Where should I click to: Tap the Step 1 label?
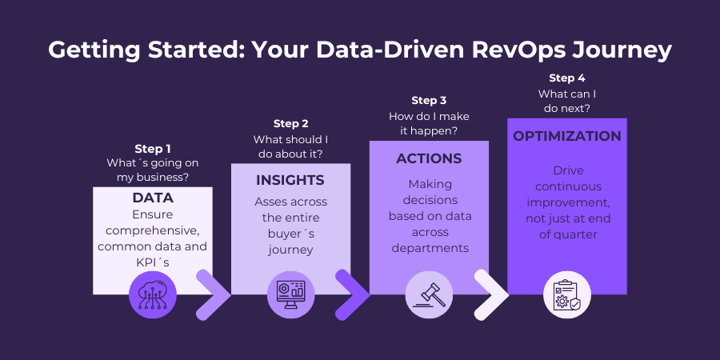coord(152,148)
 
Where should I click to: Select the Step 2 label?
coord(290,123)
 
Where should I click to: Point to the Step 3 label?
coord(429,100)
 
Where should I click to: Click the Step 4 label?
coord(566,78)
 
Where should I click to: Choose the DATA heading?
coord(152,198)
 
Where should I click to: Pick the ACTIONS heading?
coord(429,158)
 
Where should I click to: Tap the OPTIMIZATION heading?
coord(567,136)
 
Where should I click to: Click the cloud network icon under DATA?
coord(152,294)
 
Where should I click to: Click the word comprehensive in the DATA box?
coord(152,230)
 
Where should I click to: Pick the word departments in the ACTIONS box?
coord(429,248)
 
